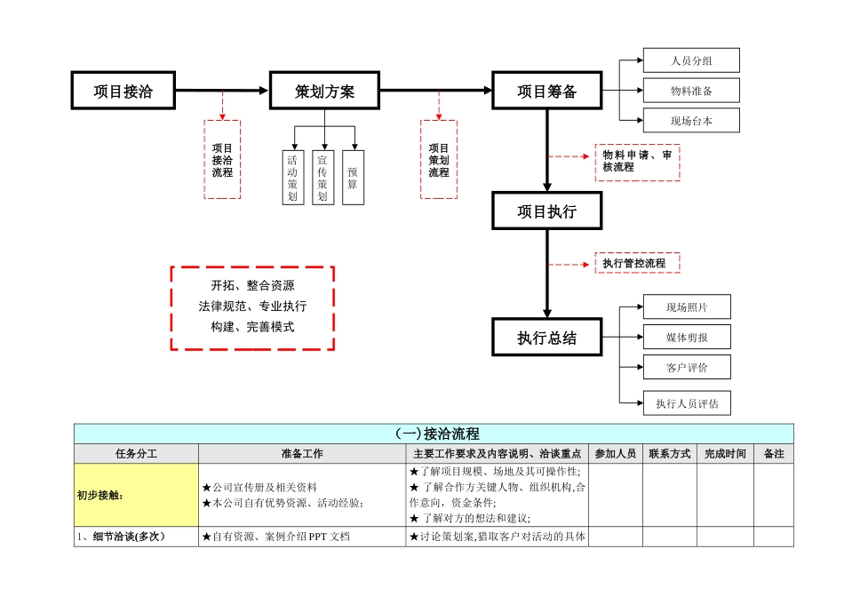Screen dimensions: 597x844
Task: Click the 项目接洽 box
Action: point(123,91)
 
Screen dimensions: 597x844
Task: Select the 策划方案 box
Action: point(324,91)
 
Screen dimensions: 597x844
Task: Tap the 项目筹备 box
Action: point(547,91)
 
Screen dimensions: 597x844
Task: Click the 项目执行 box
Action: point(547,211)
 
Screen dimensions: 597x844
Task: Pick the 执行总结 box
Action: point(547,338)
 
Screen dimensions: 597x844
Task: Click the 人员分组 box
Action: point(691,60)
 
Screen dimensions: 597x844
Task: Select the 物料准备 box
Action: point(691,91)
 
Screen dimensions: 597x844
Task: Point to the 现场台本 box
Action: point(691,121)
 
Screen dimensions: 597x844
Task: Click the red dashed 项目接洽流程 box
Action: point(222,160)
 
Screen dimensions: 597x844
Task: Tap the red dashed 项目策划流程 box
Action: point(439,160)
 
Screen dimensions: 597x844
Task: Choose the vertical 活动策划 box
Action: point(292,178)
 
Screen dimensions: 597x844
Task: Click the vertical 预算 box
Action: point(353,178)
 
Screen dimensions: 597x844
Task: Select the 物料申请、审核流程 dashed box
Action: point(637,162)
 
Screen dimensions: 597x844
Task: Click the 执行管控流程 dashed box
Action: point(637,263)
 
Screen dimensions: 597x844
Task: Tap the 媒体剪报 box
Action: point(687,337)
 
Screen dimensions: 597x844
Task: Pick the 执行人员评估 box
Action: point(687,403)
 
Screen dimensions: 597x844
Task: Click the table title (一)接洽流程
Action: point(434,434)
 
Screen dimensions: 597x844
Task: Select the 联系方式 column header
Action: point(669,454)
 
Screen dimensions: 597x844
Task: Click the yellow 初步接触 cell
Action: point(136,496)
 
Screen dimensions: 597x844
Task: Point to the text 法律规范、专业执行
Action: point(252,306)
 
